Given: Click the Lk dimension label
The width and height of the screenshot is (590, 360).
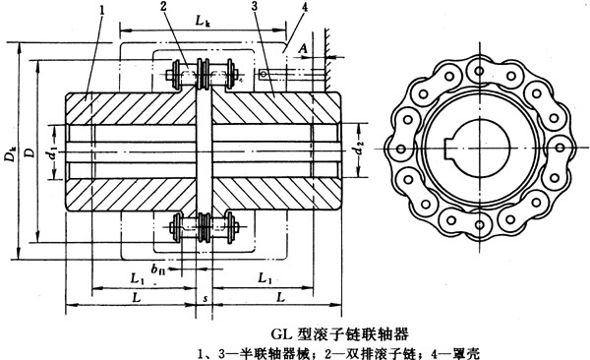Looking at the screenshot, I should (x=203, y=20).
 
